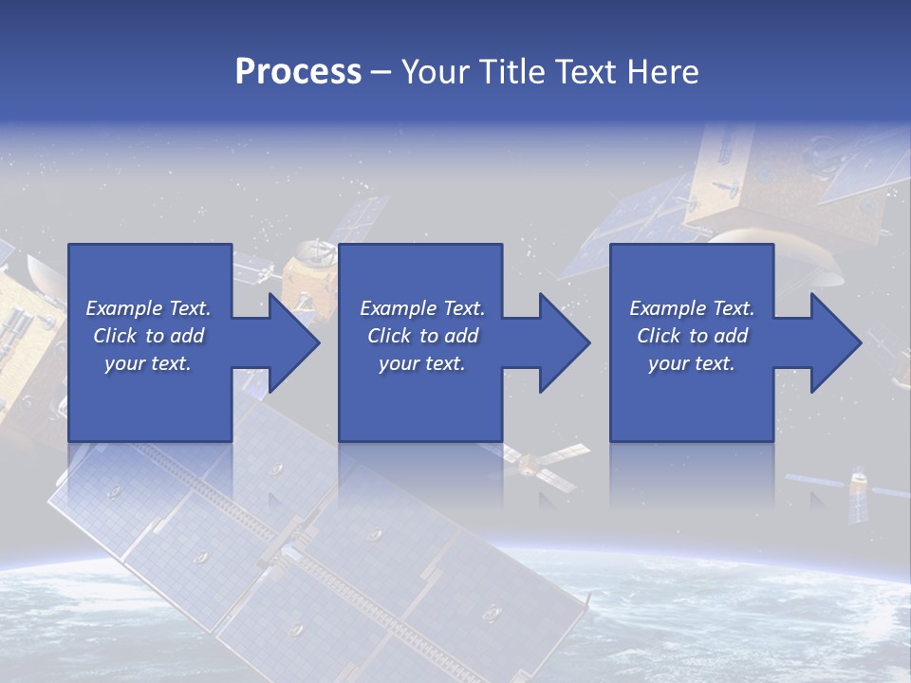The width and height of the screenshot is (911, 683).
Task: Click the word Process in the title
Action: click(298, 71)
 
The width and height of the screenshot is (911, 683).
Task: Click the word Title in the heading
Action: click(509, 71)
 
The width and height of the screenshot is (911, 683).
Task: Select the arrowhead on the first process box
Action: click(295, 342)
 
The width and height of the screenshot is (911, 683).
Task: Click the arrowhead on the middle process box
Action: click(566, 342)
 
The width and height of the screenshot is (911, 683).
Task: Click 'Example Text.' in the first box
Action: click(148, 308)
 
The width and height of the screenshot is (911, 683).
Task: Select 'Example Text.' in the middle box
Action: click(421, 308)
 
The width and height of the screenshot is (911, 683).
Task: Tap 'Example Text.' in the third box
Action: click(692, 308)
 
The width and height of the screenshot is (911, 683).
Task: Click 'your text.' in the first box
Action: click(148, 363)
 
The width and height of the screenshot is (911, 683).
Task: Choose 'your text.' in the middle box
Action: click(421, 363)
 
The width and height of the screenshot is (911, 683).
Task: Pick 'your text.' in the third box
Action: click(692, 363)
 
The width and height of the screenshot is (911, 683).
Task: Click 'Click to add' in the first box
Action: click(148, 336)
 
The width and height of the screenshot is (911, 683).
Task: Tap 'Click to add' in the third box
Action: click(692, 336)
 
